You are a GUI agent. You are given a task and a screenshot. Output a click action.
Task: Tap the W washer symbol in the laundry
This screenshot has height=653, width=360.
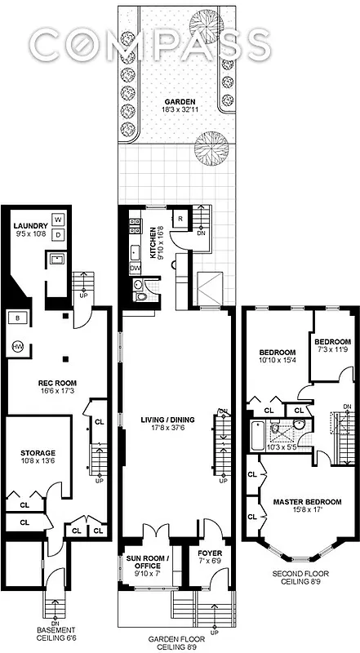(x=59, y=220)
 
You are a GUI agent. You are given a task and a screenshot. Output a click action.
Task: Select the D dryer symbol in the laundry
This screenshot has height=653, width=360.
(x=59, y=235)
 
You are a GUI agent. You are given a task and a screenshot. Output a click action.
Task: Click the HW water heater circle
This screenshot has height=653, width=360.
(x=18, y=347)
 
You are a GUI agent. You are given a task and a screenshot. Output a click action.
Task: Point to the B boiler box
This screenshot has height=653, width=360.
(x=18, y=317)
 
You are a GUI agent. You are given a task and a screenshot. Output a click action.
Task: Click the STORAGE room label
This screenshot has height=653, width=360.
(x=38, y=453)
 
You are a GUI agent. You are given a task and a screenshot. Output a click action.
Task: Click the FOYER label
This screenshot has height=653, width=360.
(x=193, y=553)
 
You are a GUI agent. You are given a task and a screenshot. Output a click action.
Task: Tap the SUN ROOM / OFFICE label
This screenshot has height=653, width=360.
(x=148, y=563)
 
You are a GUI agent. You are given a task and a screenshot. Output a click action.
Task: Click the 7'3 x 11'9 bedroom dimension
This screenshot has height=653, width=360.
(x=332, y=349)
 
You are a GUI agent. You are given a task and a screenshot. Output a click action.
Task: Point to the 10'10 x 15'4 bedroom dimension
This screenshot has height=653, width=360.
(x=275, y=349)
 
